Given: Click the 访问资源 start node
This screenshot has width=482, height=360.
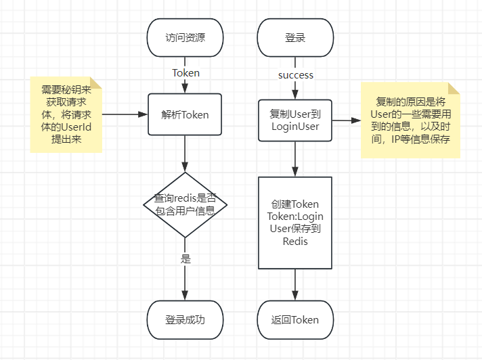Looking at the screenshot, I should coord(185,38).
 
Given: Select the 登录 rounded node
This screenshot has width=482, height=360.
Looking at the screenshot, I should coord(295,38).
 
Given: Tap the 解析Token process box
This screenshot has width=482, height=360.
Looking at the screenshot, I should coord(185,115).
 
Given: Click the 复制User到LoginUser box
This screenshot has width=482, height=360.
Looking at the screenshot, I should coord(295,120).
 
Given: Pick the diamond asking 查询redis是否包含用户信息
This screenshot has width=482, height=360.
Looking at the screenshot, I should coord(185,204).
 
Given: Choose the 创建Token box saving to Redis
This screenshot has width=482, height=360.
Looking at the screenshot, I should coord(295,223).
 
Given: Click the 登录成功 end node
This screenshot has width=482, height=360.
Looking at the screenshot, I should coord(185,319).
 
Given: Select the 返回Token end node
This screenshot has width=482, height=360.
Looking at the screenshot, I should coord(295,319).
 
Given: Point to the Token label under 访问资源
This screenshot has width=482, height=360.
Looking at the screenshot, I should coord(185,73).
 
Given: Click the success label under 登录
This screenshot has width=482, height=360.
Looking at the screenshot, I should coord(296,75).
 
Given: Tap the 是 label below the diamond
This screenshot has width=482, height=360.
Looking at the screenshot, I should coord(185,258).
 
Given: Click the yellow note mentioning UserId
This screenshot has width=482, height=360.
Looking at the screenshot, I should coord(66,114).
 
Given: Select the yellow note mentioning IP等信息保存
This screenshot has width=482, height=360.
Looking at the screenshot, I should coord(410,120).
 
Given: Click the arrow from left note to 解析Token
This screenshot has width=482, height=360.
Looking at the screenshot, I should coord(125,114).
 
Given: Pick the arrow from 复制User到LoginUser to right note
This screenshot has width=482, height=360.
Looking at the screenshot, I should coord(347,121).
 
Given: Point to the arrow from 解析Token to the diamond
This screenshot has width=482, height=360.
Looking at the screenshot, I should coord(185,154).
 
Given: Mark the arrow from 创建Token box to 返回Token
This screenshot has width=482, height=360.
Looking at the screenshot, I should coord(295,284).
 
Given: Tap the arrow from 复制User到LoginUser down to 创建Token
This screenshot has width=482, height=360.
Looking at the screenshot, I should coord(295,159).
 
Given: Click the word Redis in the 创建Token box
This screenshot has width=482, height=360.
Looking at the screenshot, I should coord(295,241).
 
